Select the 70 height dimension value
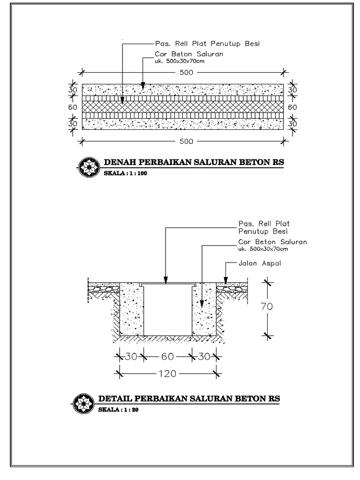(x=267, y=307)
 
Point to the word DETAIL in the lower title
(x=114, y=399)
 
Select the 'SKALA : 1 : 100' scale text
(x=125, y=173)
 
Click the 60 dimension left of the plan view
(x=72, y=107)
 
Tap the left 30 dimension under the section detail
(x=131, y=357)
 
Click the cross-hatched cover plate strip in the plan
(x=183, y=107)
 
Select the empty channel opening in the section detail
(x=168, y=309)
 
